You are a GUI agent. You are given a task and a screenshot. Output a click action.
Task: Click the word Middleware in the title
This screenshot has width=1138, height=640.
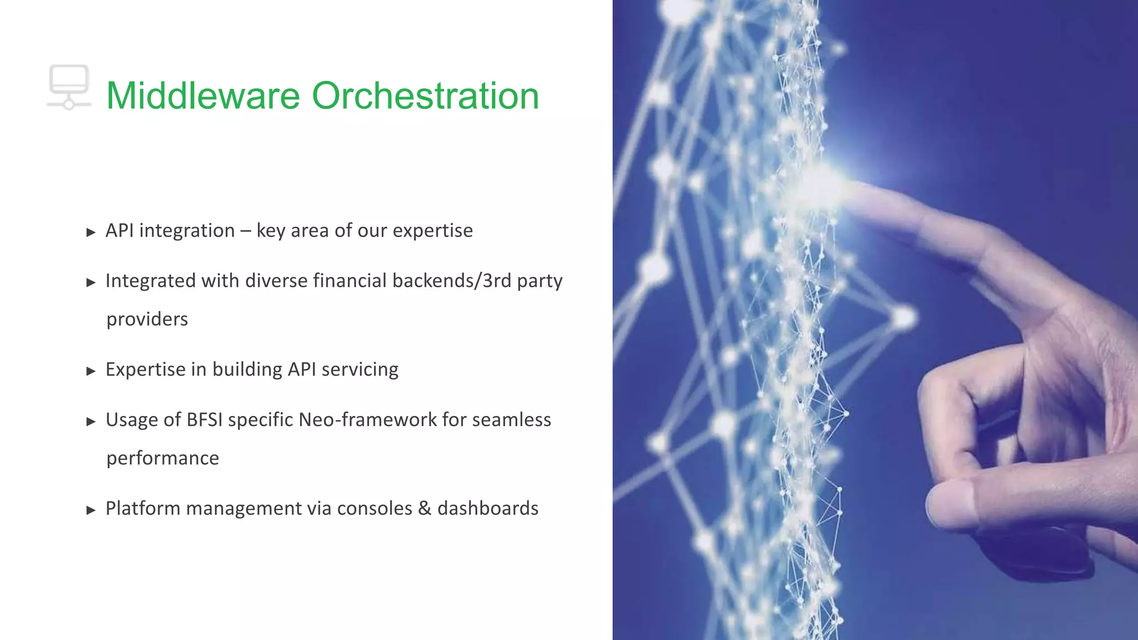click(x=203, y=96)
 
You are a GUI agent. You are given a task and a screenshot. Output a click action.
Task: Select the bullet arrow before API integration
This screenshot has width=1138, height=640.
click(x=91, y=232)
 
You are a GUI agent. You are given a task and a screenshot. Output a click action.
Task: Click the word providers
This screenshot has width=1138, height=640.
click(x=147, y=319)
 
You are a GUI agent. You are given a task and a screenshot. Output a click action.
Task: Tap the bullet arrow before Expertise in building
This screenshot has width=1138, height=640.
click(x=91, y=371)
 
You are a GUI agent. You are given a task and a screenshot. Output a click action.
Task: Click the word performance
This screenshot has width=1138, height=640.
click(x=163, y=458)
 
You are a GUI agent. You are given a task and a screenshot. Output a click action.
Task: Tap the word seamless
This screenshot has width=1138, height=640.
click(x=511, y=419)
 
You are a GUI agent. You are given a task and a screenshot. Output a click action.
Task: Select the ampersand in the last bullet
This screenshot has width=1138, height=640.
click(x=425, y=508)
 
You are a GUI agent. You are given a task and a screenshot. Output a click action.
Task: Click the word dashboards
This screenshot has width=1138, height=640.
click(x=488, y=508)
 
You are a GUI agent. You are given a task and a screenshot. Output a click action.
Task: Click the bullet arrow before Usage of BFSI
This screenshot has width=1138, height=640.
click(x=91, y=422)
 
